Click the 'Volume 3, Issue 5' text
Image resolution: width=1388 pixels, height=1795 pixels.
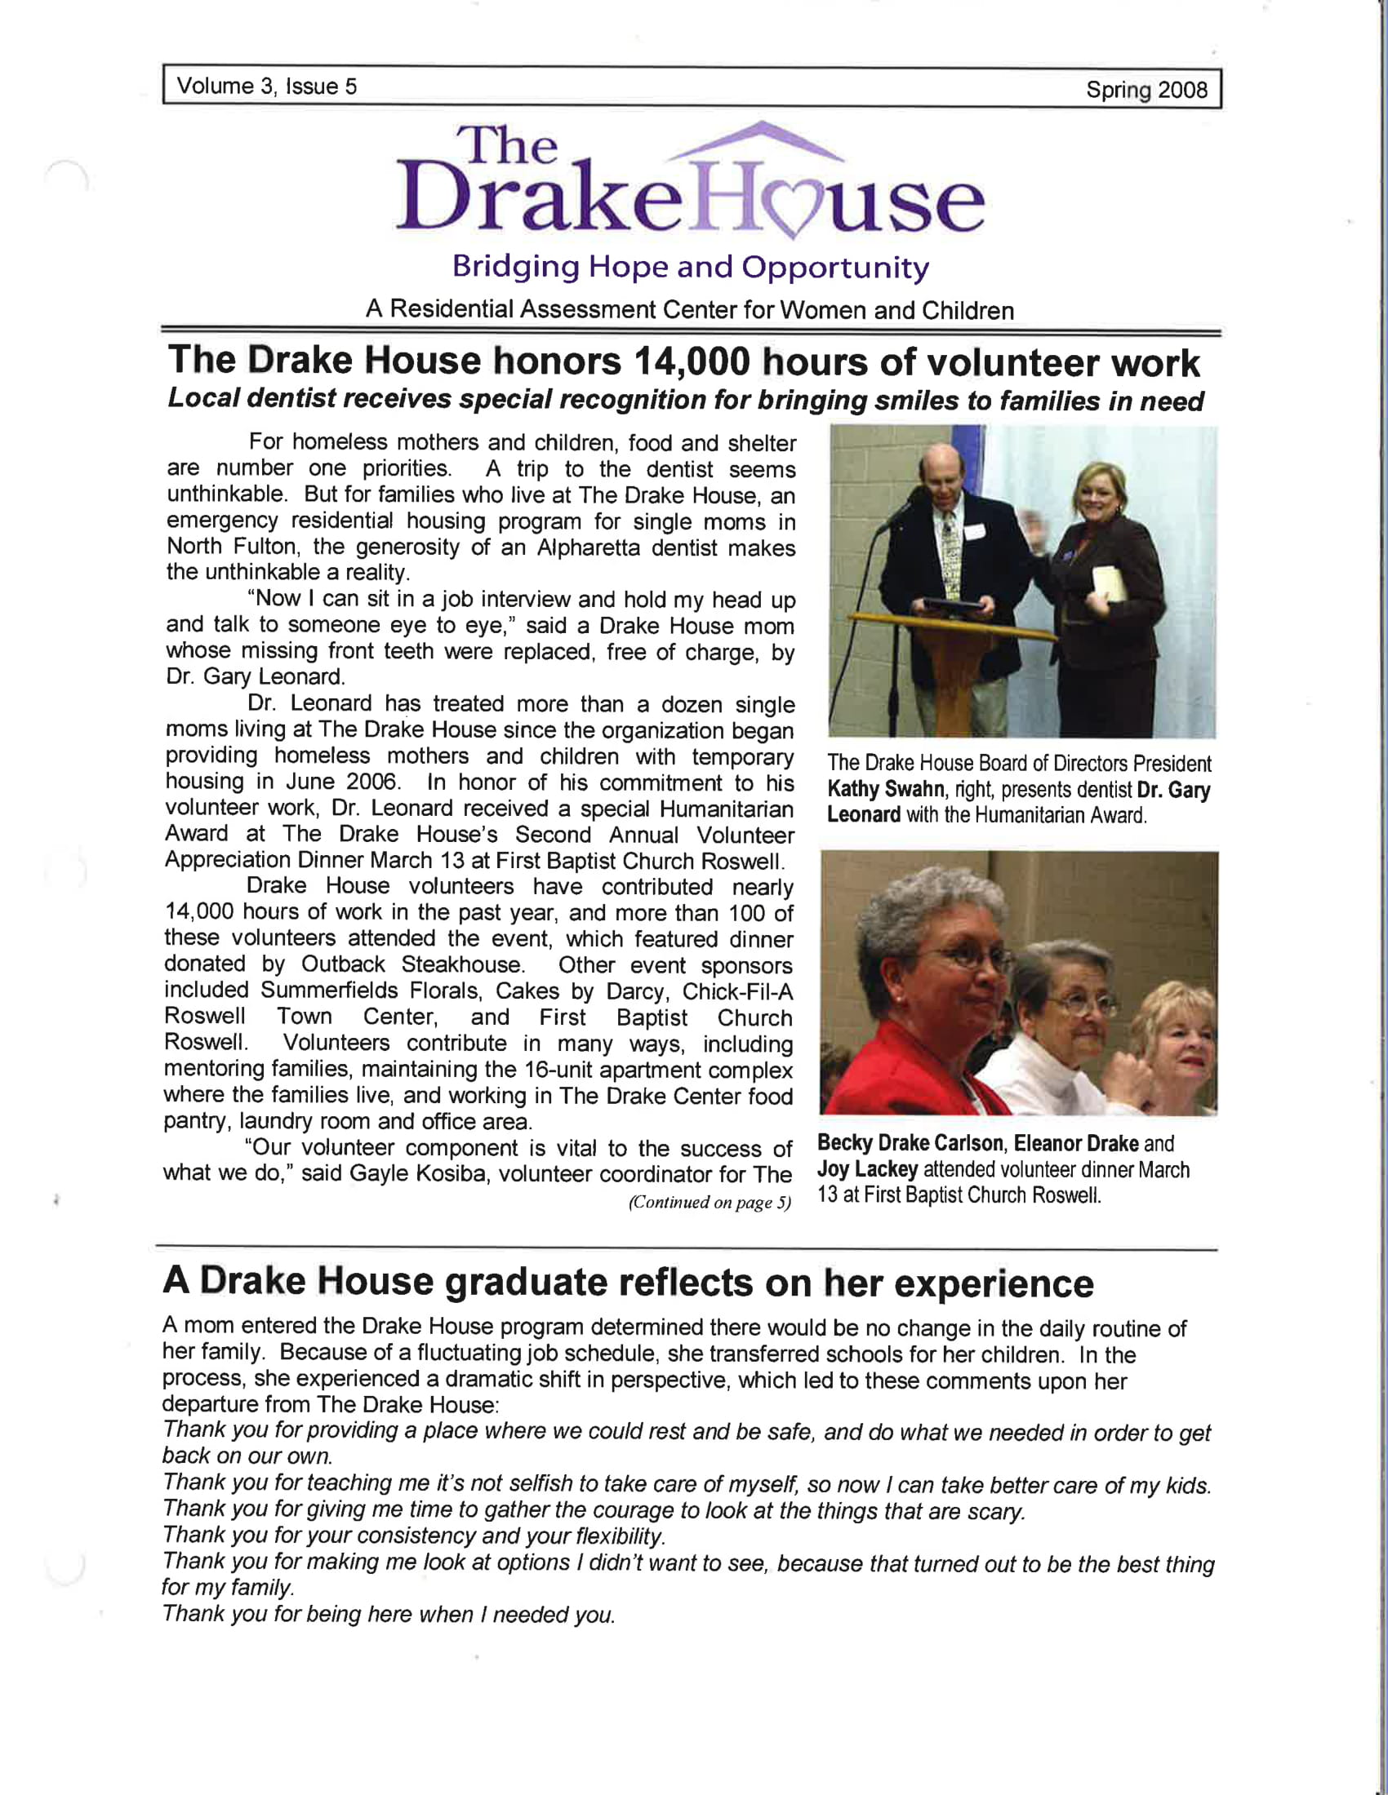pyautogui.click(x=267, y=86)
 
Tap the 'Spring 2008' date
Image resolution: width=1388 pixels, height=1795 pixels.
pyautogui.click(x=1146, y=90)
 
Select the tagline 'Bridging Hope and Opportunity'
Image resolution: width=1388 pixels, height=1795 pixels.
pyautogui.click(x=691, y=267)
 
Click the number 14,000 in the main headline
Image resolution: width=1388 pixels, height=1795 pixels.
pyautogui.click(x=692, y=361)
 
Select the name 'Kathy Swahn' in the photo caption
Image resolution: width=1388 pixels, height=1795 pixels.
pyautogui.click(x=886, y=789)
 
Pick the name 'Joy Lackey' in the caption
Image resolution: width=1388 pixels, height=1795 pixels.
pyautogui.click(x=866, y=1169)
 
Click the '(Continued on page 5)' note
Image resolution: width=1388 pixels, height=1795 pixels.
pyautogui.click(x=709, y=1203)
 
